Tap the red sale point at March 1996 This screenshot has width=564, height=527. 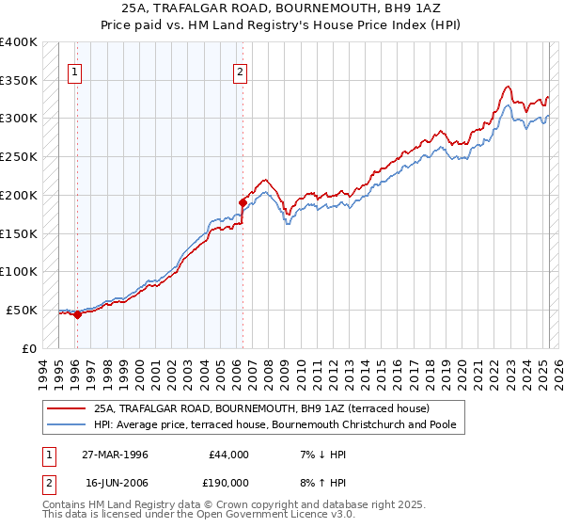click(78, 315)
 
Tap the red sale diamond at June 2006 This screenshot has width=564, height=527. click(243, 201)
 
